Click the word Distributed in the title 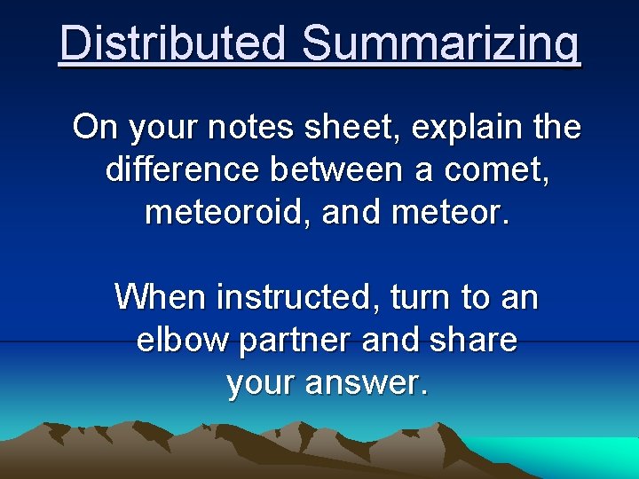pos(174,43)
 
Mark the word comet pos(503,169)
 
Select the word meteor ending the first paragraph pos(462,212)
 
